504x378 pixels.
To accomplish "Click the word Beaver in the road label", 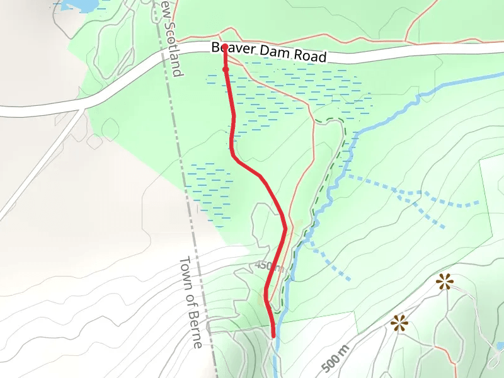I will click(x=229, y=49).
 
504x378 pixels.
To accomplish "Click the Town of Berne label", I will click(x=190, y=302).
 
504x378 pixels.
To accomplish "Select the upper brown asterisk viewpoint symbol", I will click(x=445, y=282).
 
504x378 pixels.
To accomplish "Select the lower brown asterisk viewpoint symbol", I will click(x=398, y=324).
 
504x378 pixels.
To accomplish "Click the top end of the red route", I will click(x=224, y=46).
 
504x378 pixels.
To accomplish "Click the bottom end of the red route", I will click(x=274, y=336).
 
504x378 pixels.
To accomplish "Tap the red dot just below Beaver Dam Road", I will click(x=225, y=69).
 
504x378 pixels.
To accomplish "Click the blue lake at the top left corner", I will click(x=79, y=5).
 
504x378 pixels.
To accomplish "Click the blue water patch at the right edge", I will click(x=500, y=346).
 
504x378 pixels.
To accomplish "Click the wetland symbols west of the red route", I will click(x=208, y=189).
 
